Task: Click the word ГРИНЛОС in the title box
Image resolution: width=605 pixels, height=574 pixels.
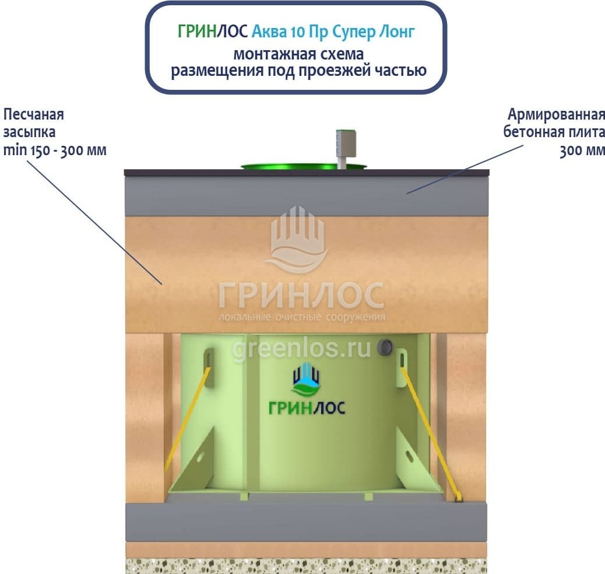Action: (x=213, y=32)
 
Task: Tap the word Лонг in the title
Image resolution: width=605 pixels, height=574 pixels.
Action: (x=396, y=32)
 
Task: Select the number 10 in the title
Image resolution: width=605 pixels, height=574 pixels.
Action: (x=297, y=32)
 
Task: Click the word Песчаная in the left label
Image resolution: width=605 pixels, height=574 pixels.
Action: (x=34, y=114)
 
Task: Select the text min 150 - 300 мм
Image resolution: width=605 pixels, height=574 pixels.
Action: (x=55, y=150)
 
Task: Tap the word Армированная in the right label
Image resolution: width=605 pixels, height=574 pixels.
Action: (x=556, y=114)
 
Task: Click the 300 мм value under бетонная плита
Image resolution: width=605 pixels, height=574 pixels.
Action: (x=582, y=150)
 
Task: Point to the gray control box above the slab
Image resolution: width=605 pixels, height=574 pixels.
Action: (x=345, y=143)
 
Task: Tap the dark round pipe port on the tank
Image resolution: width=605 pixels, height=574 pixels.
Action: (x=385, y=347)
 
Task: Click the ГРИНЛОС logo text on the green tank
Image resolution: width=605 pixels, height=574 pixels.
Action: (x=307, y=408)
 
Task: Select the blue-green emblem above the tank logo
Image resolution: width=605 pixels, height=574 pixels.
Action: (x=307, y=379)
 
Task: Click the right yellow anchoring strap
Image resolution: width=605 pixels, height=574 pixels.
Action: (x=431, y=433)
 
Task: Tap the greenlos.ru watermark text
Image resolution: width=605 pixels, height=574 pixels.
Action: (x=301, y=349)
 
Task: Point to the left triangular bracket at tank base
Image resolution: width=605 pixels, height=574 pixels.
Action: (x=192, y=459)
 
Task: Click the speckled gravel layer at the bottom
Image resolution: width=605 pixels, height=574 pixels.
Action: (x=306, y=566)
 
